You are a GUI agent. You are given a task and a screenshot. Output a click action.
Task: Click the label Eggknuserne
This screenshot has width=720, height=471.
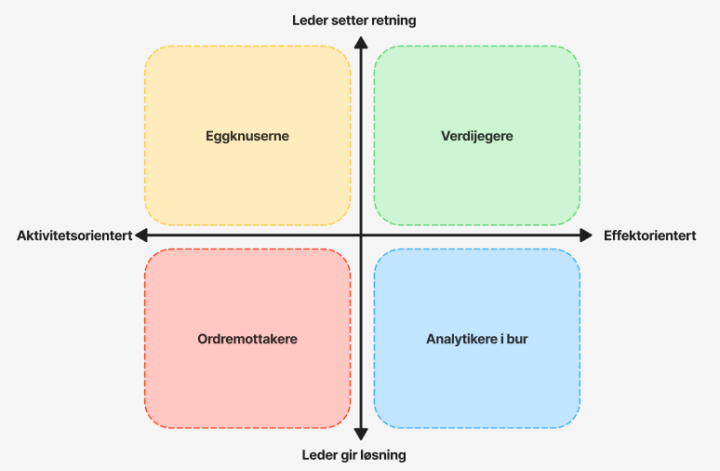click(247, 136)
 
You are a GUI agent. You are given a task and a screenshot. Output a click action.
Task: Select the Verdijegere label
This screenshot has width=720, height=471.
click(476, 136)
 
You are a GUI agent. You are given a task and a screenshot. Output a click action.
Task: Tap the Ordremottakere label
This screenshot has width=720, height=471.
click(247, 339)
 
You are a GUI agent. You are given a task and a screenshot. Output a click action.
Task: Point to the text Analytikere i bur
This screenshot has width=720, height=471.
click(476, 339)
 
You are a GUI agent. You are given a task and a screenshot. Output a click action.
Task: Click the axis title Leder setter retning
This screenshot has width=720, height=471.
click(353, 20)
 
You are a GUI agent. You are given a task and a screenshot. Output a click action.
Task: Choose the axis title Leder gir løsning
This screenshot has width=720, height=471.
click(353, 455)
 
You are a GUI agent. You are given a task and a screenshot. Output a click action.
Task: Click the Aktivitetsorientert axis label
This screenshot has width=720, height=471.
click(74, 235)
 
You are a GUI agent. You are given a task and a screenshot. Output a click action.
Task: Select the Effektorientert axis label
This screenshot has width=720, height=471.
click(649, 235)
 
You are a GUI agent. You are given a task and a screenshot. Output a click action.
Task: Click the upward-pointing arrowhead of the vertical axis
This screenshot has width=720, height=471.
click(361, 40)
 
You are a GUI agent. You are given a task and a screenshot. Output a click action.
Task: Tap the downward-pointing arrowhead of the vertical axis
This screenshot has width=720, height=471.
click(361, 433)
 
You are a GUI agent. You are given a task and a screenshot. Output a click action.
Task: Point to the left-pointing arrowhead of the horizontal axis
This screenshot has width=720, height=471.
click(141, 235)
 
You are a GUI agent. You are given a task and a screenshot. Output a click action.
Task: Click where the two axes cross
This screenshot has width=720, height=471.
click(361, 235)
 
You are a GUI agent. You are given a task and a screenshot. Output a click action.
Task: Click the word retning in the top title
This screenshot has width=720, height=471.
click(393, 20)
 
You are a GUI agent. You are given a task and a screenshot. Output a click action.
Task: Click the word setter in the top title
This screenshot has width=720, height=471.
click(350, 20)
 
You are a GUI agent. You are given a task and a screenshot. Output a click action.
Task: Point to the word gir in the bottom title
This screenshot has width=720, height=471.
click(347, 455)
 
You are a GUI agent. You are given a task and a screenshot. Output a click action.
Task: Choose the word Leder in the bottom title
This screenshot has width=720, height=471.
click(319, 455)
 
